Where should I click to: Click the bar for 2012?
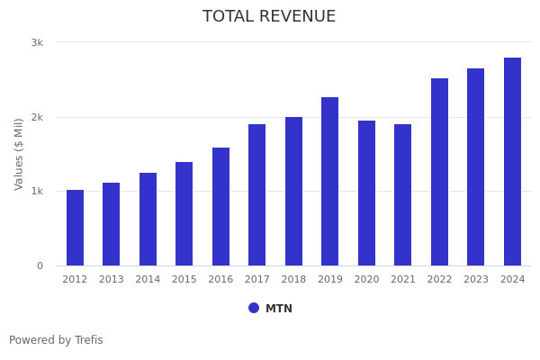click(75, 228)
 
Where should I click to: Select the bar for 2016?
click(220, 207)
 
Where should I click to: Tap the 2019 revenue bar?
click(330, 182)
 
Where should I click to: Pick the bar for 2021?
click(402, 195)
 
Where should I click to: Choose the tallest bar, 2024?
click(512, 162)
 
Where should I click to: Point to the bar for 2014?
click(148, 220)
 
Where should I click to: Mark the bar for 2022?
click(439, 172)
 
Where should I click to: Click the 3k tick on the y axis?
click(37, 42)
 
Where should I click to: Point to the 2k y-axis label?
click(37, 117)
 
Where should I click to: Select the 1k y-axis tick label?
click(37, 191)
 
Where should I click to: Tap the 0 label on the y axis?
click(40, 265)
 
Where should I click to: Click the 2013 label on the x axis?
click(112, 280)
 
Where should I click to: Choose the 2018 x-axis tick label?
click(293, 280)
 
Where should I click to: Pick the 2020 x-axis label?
click(366, 280)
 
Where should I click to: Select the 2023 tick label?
click(476, 280)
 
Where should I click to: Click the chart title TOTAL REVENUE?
click(269, 17)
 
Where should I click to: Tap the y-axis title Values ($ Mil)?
click(20, 153)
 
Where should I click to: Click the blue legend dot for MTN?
click(254, 308)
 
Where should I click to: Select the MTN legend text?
click(279, 309)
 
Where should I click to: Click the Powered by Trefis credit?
click(56, 340)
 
